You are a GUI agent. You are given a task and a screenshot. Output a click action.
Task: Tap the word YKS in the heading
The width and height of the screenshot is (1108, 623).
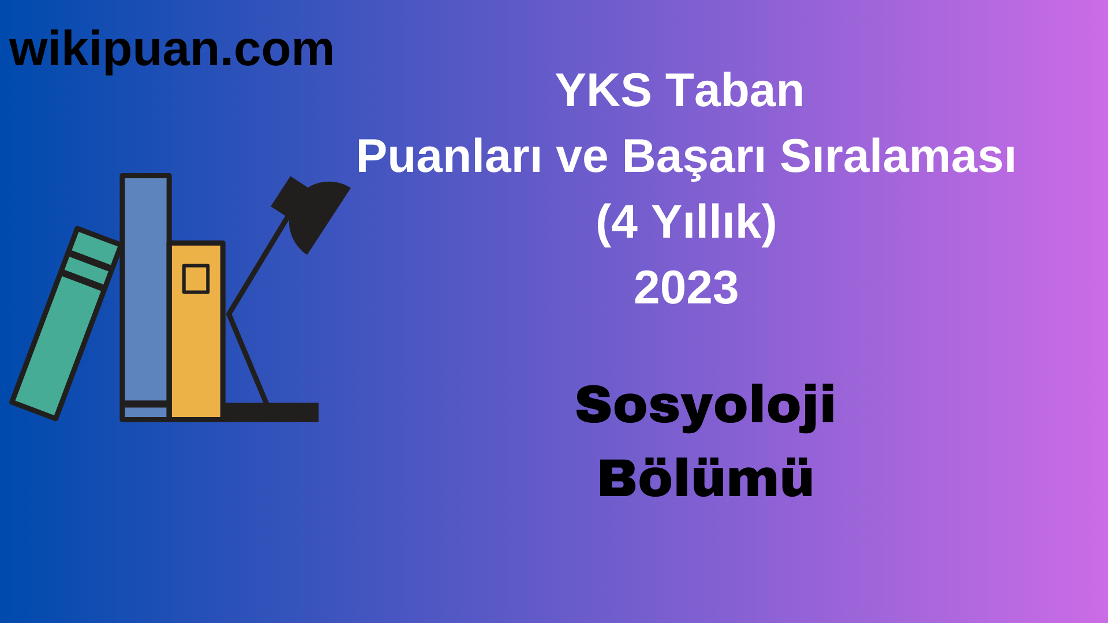pyautogui.click(x=603, y=91)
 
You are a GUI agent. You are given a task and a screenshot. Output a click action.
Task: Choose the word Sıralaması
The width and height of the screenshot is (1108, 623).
pyautogui.click(x=898, y=156)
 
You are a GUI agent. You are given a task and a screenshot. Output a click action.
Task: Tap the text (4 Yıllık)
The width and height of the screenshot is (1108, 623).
pyautogui.click(x=686, y=222)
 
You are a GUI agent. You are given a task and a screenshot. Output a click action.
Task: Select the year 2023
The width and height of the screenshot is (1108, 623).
pyautogui.click(x=686, y=288)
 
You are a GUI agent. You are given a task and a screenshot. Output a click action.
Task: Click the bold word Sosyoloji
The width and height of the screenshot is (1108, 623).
pyautogui.click(x=705, y=406)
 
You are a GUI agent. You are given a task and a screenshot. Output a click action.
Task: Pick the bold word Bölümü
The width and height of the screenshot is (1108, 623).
pyautogui.click(x=705, y=478)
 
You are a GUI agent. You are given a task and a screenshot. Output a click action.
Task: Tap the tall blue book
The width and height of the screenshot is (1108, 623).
pyautogui.click(x=145, y=288)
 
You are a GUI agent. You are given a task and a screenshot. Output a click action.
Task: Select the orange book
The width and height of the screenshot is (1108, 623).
pyautogui.click(x=196, y=346)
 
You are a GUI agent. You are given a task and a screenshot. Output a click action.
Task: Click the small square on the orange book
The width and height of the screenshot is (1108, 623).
pyautogui.click(x=196, y=279)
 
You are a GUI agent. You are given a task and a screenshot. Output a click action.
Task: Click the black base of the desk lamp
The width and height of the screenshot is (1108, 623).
pyautogui.click(x=271, y=412)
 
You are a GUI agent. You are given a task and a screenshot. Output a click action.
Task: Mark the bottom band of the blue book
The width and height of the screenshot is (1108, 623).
pyautogui.click(x=145, y=412)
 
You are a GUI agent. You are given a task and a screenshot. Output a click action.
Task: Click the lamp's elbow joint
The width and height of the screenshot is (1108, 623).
pyautogui.click(x=230, y=314)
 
